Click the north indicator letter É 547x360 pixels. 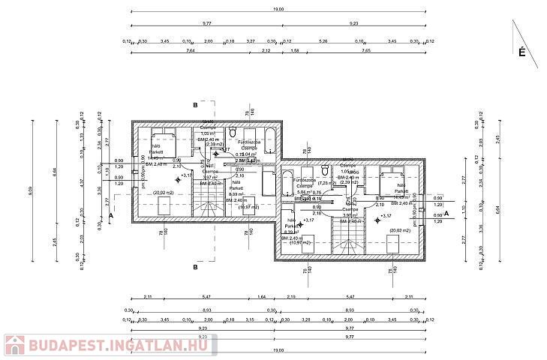(x=520, y=52)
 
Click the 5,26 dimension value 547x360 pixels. (x=323, y=40)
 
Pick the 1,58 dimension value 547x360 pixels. (x=294, y=52)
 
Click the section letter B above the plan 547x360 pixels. (x=194, y=105)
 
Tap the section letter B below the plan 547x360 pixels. (x=194, y=266)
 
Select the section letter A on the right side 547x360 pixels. (x=446, y=214)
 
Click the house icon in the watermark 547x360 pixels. (x=15, y=346)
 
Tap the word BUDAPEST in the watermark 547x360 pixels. (x=59, y=346)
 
